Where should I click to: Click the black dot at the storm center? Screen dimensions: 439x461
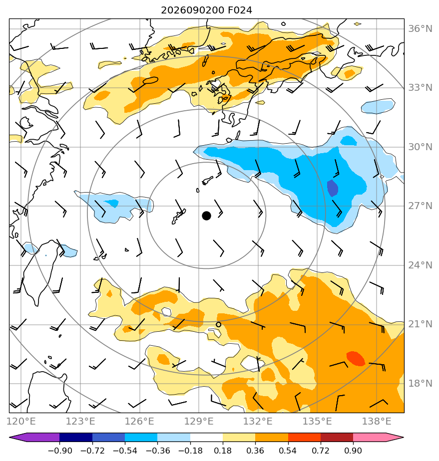pos(206,216)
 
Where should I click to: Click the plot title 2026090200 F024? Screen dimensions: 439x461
pos(206,10)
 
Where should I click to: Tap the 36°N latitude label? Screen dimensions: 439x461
pos(420,29)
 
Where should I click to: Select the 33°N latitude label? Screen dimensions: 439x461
pos(420,88)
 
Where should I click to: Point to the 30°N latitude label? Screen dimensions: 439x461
pos(420,147)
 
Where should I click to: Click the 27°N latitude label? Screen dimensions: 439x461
pos(420,206)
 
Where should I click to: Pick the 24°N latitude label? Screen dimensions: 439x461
pos(420,265)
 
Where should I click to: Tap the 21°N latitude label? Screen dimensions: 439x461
pos(420,324)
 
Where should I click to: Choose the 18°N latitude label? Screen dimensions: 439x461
pos(420,383)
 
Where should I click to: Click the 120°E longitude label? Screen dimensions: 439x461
pos(21,421)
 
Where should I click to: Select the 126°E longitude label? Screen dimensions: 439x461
pos(139,421)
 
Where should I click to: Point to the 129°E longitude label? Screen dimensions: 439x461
pos(199,421)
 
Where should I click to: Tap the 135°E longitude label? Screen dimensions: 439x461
pos(317,421)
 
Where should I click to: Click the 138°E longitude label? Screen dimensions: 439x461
pos(377,421)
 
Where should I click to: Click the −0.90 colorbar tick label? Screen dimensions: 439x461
pos(60,451)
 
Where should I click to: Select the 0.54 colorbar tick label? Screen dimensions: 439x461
pos(288,451)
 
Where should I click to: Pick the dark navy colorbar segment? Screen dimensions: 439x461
pos(76,438)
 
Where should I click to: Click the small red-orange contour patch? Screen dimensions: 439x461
pos(356,358)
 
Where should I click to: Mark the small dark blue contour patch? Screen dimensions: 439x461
pos(332,188)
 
